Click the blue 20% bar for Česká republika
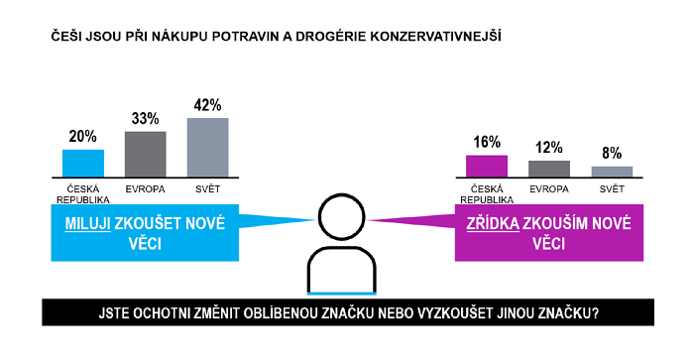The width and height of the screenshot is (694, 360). pos(83,163)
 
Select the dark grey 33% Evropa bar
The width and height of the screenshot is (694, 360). pos(145,153)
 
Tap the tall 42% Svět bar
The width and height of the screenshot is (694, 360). pos(207,147)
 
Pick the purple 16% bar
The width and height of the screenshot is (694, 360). pos(487,166)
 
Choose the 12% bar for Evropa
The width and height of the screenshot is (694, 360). pos(549,168)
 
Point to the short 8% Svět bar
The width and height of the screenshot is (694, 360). pos(612,171)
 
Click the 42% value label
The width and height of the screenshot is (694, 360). pos(207,105)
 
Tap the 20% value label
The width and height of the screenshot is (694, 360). pos(83,137)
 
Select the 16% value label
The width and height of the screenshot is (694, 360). pos(487,143)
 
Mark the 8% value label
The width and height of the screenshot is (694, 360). pos(612,154)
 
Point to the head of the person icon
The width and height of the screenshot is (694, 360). pos(342,217)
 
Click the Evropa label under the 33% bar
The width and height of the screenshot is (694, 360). pos(145,187)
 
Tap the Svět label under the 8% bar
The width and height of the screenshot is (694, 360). pos(612,187)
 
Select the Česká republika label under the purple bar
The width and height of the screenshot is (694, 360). pos(487,192)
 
